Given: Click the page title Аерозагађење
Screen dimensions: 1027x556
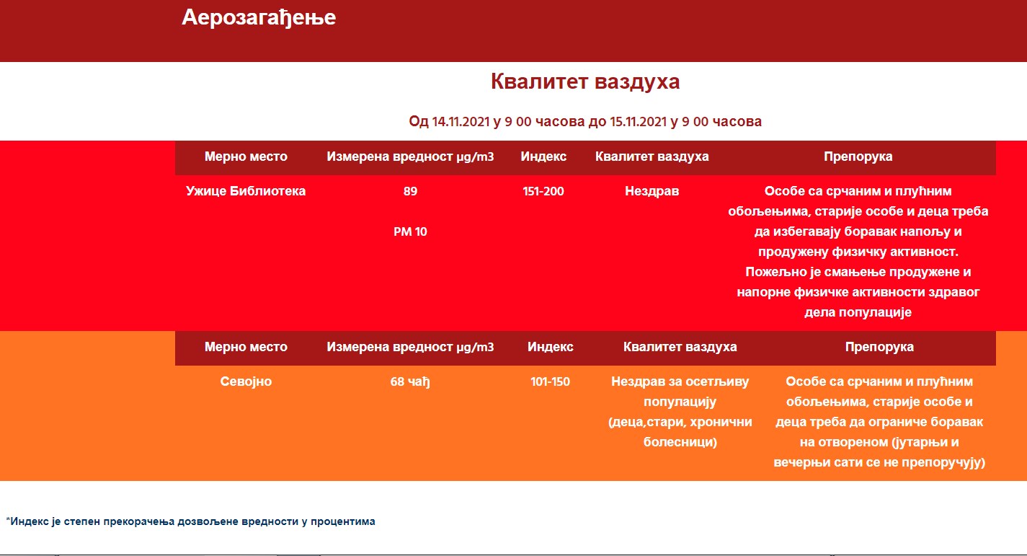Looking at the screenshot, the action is tap(259, 18).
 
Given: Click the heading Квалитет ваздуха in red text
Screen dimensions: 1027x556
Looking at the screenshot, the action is tap(585, 81).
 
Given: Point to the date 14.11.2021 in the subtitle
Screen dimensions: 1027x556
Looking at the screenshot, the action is tap(461, 122).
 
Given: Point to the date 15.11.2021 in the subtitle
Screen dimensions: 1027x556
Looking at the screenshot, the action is tap(639, 122).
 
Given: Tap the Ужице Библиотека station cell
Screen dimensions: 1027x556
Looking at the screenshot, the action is tap(246, 191).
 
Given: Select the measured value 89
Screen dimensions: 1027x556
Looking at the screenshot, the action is tap(410, 191).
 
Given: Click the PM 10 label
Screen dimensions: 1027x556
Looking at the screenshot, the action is tap(410, 231).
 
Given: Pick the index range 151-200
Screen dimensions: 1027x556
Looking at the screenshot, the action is tap(543, 191).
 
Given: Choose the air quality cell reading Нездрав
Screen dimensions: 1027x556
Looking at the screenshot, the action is tap(652, 191).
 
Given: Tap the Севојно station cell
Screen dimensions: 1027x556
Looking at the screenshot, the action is tap(246, 381).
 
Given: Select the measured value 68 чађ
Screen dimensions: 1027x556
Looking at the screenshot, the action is tap(410, 382).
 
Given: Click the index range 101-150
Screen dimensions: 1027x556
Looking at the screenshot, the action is tap(550, 381).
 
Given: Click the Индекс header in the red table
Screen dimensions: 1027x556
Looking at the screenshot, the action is tap(543, 156).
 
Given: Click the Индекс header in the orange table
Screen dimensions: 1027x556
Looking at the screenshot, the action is tap(550, 347).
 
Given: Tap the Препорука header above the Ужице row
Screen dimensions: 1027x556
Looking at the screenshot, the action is tap(858, 156).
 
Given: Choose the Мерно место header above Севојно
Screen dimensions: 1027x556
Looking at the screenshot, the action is tap(246, 347).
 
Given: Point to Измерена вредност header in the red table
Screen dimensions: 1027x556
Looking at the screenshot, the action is tap(410, 157).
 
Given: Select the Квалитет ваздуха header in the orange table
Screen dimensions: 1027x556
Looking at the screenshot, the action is tap(680, 348).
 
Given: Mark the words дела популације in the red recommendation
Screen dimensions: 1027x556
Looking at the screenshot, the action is tap(858, 312).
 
